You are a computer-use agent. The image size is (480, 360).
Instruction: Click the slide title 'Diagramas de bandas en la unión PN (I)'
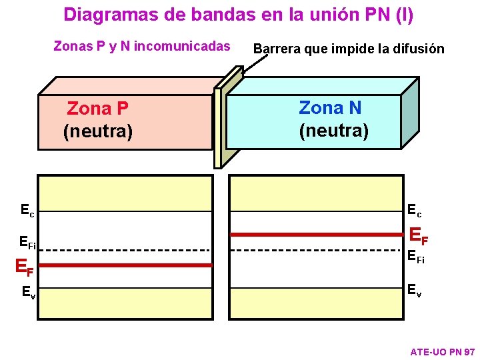(239, 15)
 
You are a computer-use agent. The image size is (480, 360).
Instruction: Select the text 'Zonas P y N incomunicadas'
(141, 47)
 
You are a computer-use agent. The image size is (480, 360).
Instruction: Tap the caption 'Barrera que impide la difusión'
(349, 49)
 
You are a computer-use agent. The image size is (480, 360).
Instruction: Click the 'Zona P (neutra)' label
(98, 120)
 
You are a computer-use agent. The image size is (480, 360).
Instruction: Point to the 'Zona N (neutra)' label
(333, 119)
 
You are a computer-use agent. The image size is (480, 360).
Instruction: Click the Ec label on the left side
(27, 211)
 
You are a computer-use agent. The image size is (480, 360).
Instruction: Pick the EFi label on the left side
(28, 243)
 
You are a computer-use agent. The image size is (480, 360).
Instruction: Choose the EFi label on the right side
(416, 256)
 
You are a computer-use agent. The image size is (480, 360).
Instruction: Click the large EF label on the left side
(24, 268)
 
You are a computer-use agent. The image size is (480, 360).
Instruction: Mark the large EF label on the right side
(419, 235)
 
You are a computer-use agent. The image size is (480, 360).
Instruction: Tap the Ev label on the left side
(28, 291)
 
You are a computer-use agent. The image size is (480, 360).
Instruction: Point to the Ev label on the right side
(415, 289)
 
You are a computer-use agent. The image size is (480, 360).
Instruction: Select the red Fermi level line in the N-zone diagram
(317, 235)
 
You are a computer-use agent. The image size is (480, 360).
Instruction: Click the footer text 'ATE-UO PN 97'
(442, 351)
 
